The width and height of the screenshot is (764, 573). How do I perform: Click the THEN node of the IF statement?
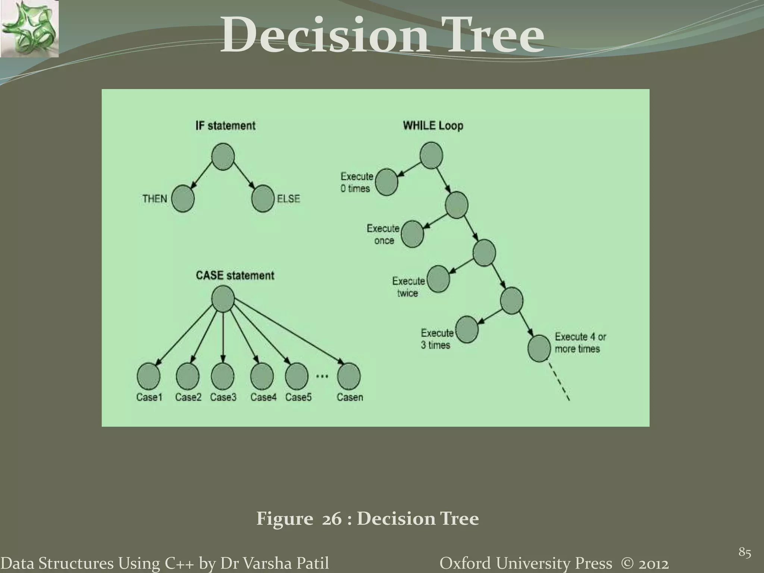point(183,198)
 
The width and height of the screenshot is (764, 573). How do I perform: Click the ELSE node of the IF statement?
point(263,198)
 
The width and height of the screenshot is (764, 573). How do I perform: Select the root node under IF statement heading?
point(223,157)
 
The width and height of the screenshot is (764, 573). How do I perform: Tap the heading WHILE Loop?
point(433,126)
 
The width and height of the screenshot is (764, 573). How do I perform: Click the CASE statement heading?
point(235,276)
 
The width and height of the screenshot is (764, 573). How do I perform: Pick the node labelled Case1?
point(148,376)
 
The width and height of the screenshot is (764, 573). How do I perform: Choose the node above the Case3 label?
point(223,376)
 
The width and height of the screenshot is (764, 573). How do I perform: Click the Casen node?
point(349,376)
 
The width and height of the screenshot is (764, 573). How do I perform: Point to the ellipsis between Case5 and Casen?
point(322,376)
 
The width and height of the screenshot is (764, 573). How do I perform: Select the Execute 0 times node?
point(386,182)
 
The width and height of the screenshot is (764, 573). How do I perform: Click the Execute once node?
point(412,234)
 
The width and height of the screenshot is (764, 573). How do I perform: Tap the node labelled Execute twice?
point(438,279)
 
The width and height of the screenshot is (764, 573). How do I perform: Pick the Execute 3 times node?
point(467,329)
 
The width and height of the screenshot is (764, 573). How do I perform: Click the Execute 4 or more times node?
point(539,348)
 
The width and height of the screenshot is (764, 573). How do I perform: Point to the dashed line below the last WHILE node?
point(560,382)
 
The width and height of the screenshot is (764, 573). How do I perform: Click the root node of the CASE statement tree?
point(223,299)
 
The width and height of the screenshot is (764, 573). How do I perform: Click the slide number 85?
point(745,552)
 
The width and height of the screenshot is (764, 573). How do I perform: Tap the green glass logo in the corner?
point(29,29)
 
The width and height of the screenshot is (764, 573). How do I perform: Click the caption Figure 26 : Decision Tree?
point(367,519)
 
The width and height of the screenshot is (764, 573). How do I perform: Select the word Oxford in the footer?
point(461,563)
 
